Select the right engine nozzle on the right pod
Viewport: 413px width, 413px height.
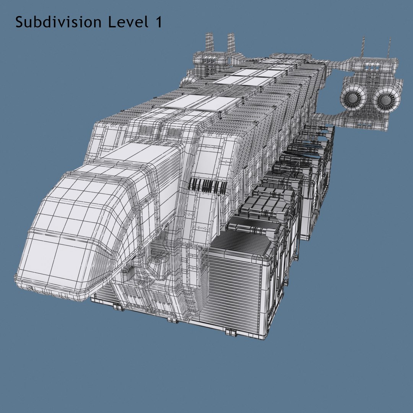click(x=387, y=99)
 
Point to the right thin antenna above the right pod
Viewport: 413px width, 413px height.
click(x=390, y=48)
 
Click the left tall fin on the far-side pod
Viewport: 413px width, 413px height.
click(x=209, y=42)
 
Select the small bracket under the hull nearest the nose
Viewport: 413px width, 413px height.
click(x=119, y=307)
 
